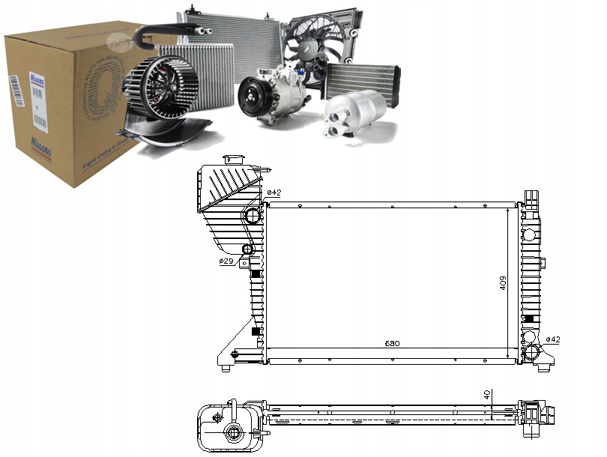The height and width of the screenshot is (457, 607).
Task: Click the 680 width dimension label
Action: click(393, 344)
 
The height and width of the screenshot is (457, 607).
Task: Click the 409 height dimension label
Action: click(503, 282)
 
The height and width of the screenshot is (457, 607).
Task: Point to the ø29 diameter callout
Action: click(226, 261)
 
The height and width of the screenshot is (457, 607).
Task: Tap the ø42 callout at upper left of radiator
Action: click(274, 193)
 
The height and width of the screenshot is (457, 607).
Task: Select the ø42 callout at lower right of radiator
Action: click(553, 339)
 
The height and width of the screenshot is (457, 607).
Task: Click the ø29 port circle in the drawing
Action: click(248, 249)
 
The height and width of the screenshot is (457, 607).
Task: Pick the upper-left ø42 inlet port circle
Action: click(253, 217)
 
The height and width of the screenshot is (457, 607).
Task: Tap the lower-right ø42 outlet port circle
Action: click(532, 353)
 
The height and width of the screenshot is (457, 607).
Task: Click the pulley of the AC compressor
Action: click(250, 98)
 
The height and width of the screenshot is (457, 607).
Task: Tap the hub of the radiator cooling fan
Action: click(312, 45)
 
